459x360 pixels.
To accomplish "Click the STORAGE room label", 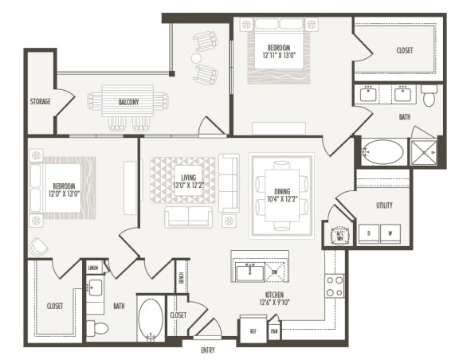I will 40,101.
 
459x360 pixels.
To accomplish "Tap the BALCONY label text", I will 128,102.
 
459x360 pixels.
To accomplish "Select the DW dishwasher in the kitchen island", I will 275,272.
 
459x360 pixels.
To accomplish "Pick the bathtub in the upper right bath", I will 383,152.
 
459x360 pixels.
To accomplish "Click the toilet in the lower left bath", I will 97,327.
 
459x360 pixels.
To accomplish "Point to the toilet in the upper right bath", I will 429,97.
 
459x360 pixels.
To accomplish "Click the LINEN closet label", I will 94,268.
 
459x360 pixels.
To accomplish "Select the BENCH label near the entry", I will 182,276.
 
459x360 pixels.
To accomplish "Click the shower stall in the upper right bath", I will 423,151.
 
